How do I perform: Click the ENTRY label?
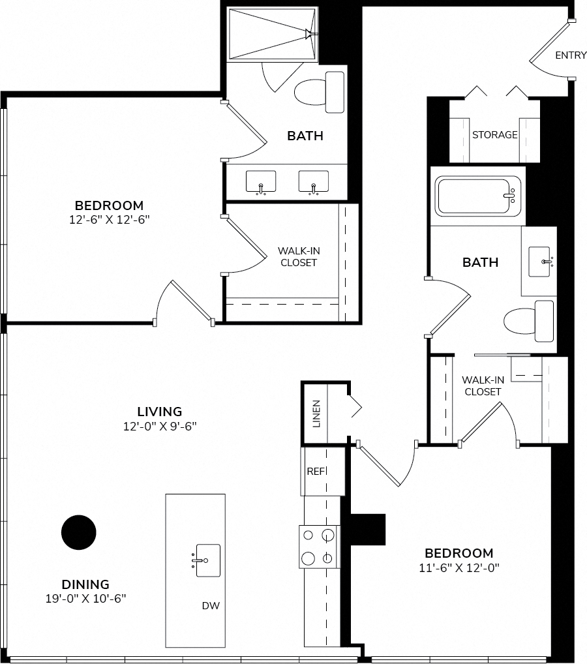click(571, 55)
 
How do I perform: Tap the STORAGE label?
click(494, 134)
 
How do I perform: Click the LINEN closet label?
click(316, 414)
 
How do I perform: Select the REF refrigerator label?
click(316, 472)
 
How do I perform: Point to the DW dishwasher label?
click(211, 605)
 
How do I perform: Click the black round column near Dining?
click(79, 532)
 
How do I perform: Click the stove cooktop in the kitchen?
click(320, 547)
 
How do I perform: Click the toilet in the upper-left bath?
click(319, 93)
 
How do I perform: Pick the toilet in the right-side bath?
click(528, 322)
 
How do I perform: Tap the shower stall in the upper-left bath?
click(273, 34)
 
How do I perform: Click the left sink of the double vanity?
click(261, 183)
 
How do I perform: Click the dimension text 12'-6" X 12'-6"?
click(110, 219)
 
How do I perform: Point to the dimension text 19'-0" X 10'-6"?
click(86, 598)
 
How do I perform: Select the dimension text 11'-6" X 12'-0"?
click(459, 567)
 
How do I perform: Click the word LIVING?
click(160, 411)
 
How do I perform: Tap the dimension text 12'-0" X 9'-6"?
click(160, 426)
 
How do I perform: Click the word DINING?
click(85, 584)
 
